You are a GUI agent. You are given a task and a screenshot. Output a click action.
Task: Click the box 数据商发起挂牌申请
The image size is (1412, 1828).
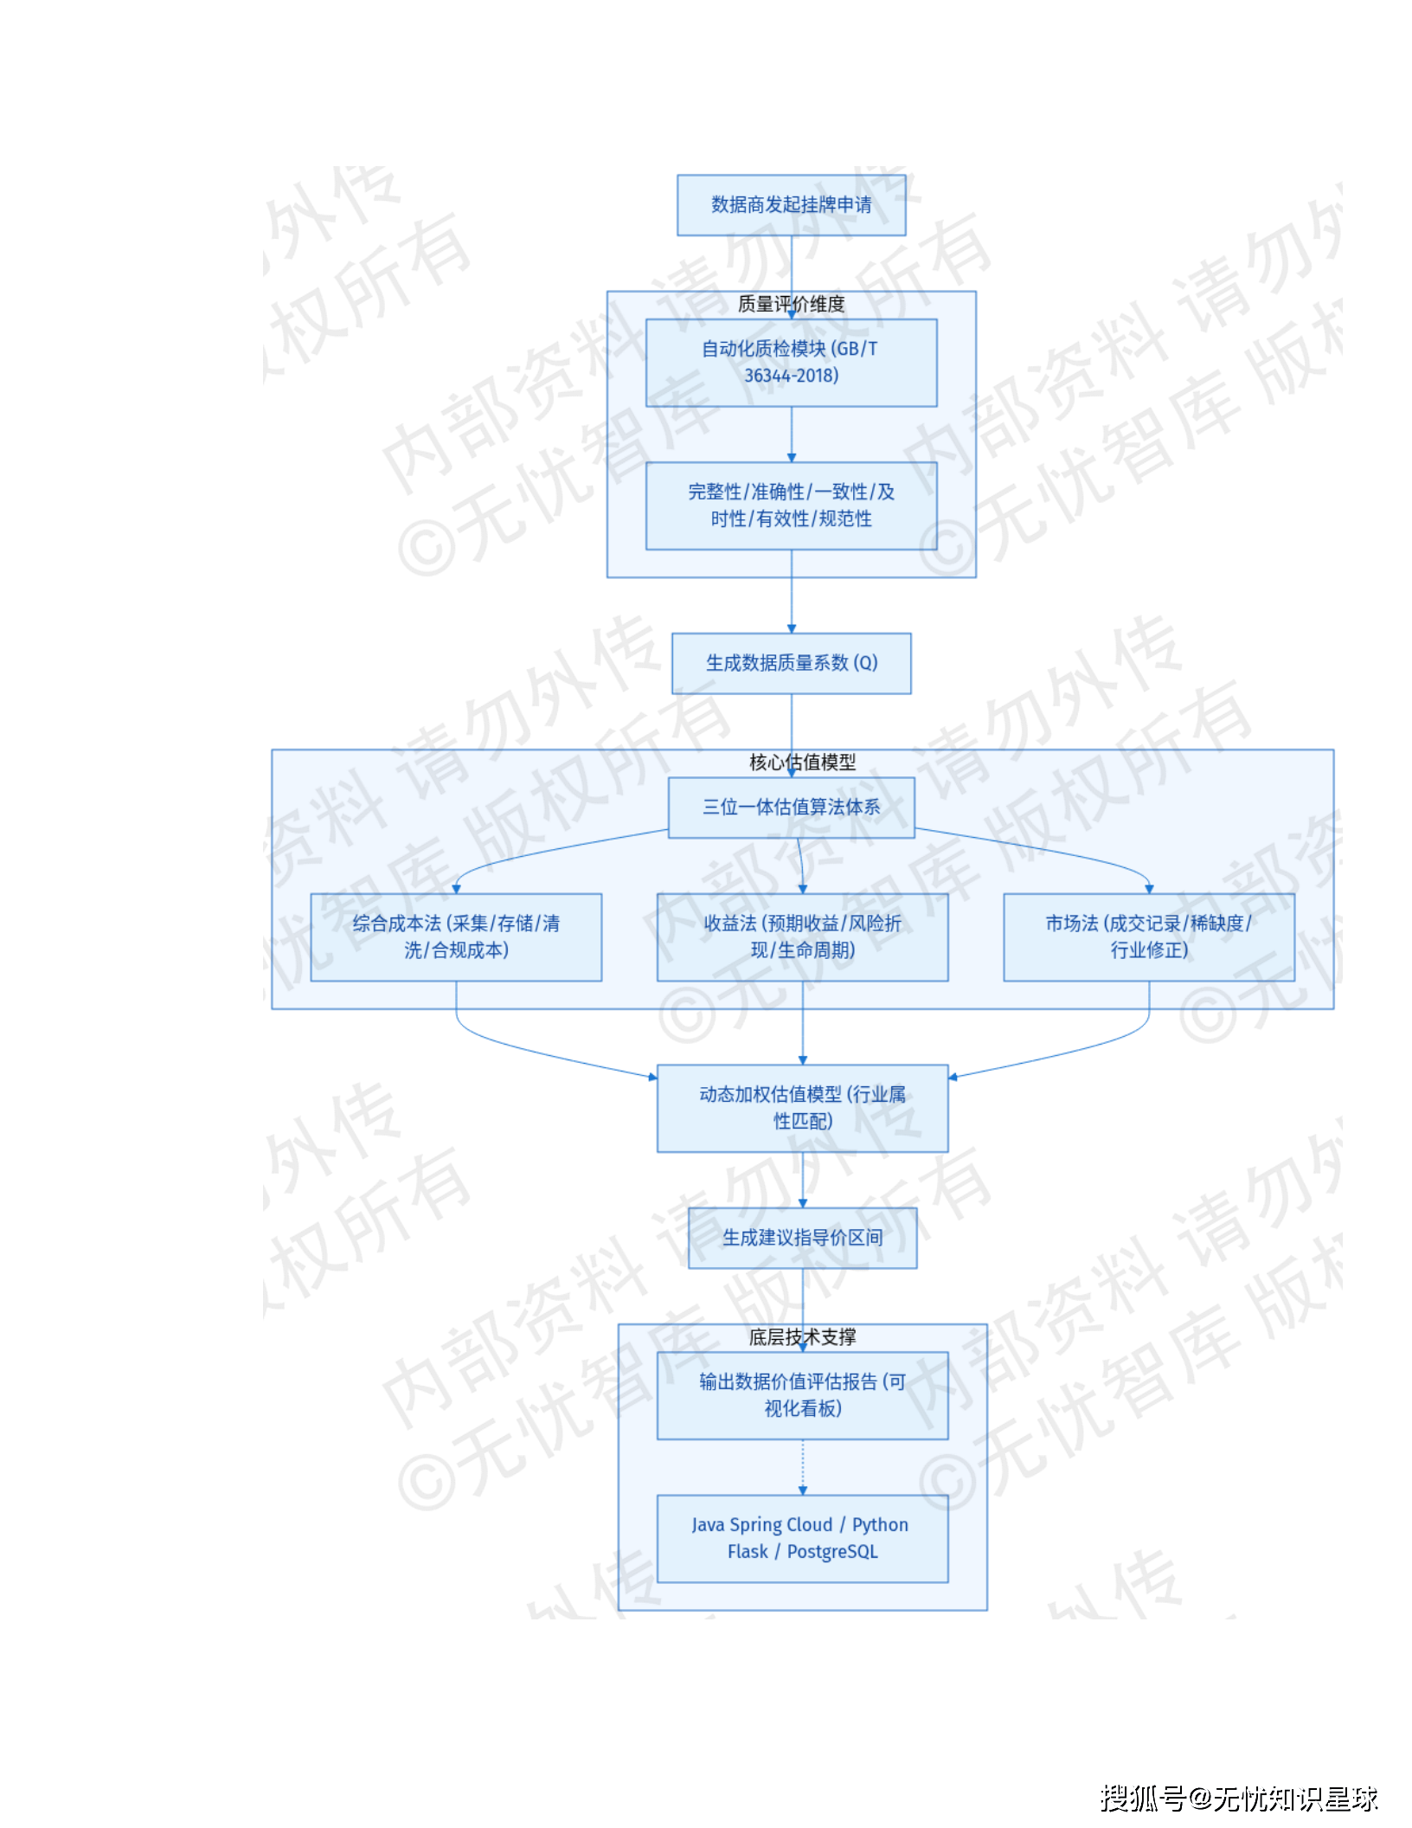tap(791, 205)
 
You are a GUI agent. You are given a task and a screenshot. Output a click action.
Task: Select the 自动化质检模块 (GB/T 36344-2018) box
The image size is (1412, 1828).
tap(791, 363)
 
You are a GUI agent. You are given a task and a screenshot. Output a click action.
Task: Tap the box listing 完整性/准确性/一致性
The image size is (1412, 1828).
tap(791, 505)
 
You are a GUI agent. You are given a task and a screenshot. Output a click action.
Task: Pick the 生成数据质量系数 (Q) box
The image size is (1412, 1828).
tap(791, 663)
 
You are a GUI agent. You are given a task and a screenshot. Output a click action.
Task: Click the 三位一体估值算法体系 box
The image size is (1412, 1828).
tap(791, 808)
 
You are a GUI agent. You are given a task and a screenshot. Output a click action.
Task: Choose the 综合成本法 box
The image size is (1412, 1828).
tap(456, 937)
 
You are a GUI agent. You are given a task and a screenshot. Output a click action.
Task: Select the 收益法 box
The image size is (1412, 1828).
tap(802, 937)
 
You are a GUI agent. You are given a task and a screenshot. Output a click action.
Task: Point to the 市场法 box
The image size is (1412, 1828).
tap(1148, 937)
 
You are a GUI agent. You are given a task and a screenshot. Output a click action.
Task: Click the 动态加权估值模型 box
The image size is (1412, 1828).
tap(802, 1108)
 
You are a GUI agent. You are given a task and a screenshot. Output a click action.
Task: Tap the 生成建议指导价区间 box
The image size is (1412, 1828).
tap(802, 1238)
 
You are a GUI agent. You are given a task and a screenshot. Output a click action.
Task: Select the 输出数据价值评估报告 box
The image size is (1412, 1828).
tap(802, 1395)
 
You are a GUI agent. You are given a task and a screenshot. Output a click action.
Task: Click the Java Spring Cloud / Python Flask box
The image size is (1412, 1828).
tap(802, 1538)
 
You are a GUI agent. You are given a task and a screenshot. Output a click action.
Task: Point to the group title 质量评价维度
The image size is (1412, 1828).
tap(791, 304)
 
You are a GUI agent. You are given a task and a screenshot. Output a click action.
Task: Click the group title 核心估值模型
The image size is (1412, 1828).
tap(802, 763)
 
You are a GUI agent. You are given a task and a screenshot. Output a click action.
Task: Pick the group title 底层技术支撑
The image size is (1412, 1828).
tap(802, 1337)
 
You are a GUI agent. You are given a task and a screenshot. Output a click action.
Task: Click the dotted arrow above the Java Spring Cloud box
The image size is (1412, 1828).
tap(802, 1466)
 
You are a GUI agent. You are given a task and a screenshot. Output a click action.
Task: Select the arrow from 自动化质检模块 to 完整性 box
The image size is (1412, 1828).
tap(791, 433)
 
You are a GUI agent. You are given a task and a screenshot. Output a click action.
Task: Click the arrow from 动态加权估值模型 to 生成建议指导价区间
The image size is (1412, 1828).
tap(802, 1179)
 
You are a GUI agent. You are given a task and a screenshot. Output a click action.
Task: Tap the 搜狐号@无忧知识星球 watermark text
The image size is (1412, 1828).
tap(1238, 1799)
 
